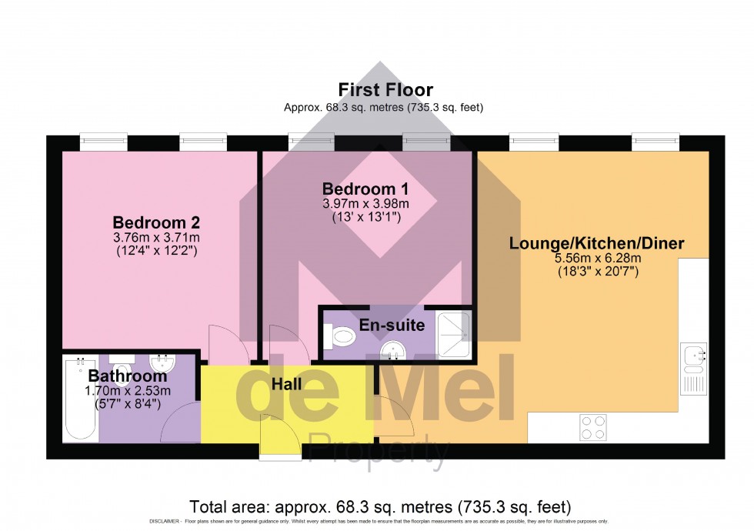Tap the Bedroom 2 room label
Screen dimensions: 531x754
coord(156,222)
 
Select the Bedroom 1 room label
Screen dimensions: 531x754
coord(365,189)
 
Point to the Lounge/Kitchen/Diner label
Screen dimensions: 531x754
coord(597,244)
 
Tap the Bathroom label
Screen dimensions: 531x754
coord(127,376)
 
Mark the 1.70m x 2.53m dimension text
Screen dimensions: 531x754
coord(127,391)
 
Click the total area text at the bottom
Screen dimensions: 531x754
coord(380,507)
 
